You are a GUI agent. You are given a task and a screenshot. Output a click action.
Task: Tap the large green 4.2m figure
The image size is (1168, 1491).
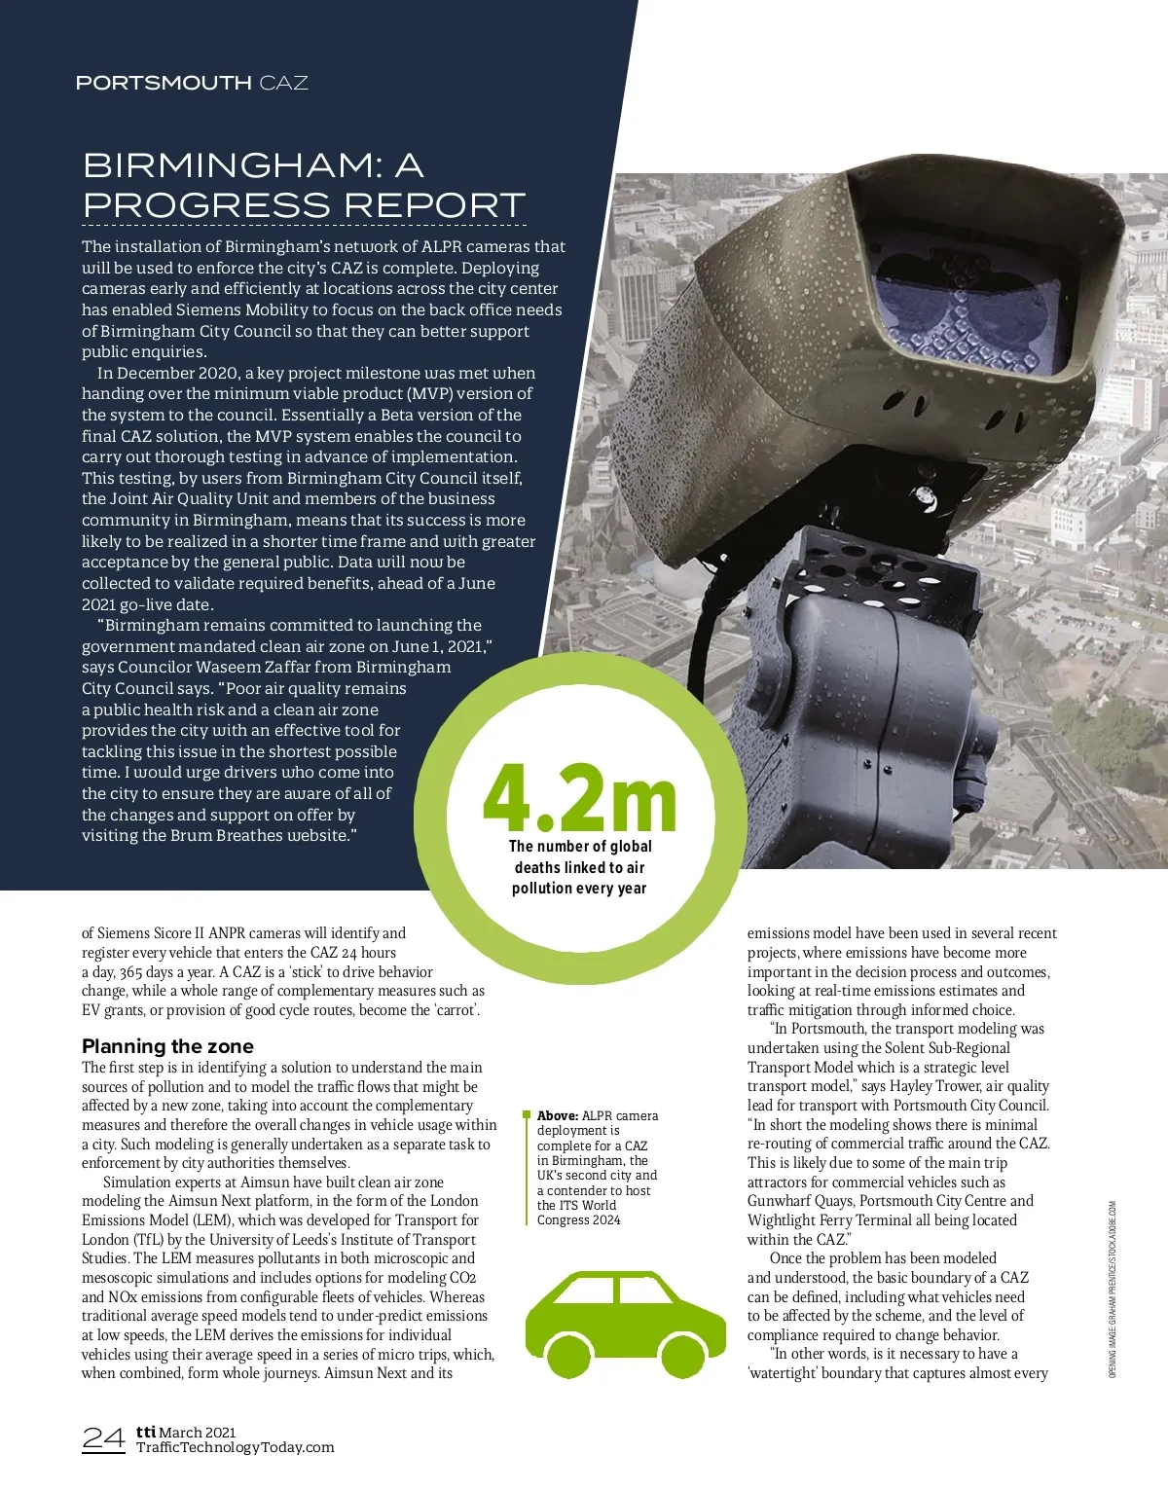coord(579,798)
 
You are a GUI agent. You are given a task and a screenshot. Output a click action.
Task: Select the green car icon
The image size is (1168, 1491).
coord(611,1326)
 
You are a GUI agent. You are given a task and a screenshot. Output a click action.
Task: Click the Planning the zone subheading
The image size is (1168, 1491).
coord(167,1046)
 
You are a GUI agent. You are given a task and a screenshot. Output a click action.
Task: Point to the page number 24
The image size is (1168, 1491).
coord(103,1438)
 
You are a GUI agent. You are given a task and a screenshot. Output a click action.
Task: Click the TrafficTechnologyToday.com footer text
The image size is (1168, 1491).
coord(235,1447)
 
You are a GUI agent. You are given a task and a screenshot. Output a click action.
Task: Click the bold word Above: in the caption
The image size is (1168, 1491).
coord(558,1115)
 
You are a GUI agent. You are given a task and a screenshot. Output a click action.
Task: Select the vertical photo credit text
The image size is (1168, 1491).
coord(1113,1289)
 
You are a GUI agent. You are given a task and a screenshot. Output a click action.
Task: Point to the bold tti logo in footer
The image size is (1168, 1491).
coord(146,1432)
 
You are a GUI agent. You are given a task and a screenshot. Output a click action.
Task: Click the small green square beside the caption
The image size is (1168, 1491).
coord(527,1114)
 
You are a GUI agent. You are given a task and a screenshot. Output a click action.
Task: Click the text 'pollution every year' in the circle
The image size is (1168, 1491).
coord(579,888)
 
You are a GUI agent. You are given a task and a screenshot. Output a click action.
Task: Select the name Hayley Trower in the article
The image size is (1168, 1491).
coord(933,1086)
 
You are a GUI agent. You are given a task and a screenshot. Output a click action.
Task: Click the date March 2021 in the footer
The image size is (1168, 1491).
coord(198,1432)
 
